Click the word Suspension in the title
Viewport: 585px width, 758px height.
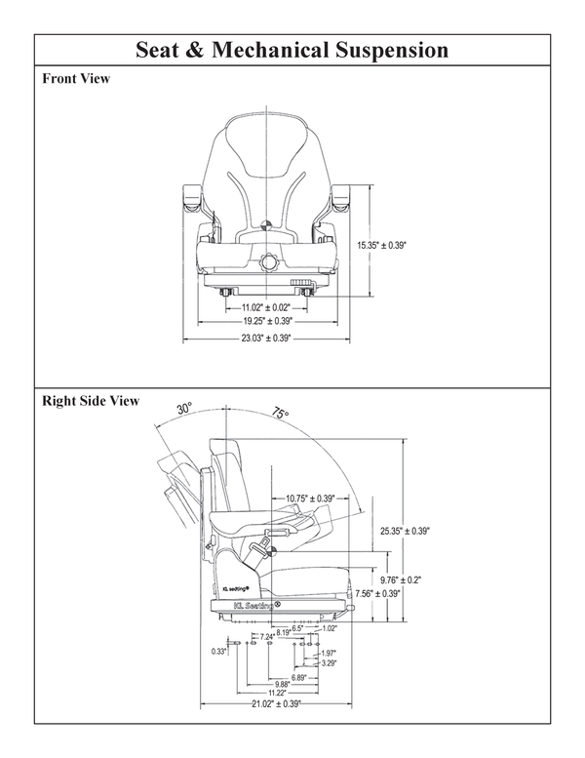point(389,50)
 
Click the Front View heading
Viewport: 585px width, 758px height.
point(75,79)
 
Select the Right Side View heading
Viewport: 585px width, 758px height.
point(91,401)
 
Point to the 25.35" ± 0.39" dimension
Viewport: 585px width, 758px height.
point(405,531)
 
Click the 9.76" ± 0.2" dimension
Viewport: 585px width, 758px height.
point(400,578)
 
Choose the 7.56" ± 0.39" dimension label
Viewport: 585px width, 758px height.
point(377,592)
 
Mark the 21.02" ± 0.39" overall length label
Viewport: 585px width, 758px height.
point(276,702)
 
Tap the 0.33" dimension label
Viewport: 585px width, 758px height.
point(218,651)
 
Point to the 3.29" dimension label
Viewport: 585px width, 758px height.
point(329,663)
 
